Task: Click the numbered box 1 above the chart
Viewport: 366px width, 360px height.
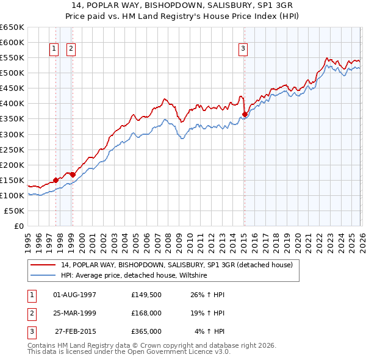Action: click(x=54, y=49)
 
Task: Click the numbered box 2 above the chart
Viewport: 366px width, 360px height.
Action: click(x=71, y=49)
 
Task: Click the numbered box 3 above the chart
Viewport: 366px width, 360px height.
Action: click(x=243, y=49)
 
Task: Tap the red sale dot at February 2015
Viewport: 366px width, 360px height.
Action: click(x=245, y=114)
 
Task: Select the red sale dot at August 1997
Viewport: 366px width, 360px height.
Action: click(x=56, y=180)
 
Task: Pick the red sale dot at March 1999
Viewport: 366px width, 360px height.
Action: click(x=73, y=175)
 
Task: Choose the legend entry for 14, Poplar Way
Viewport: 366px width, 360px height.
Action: click(x=177, y=265)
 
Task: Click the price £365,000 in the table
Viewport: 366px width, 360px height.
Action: click(x=146, y=331)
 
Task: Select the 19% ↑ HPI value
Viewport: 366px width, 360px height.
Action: click(x=207, y=313)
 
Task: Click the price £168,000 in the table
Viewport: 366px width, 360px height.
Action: click(x=146, y=313)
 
